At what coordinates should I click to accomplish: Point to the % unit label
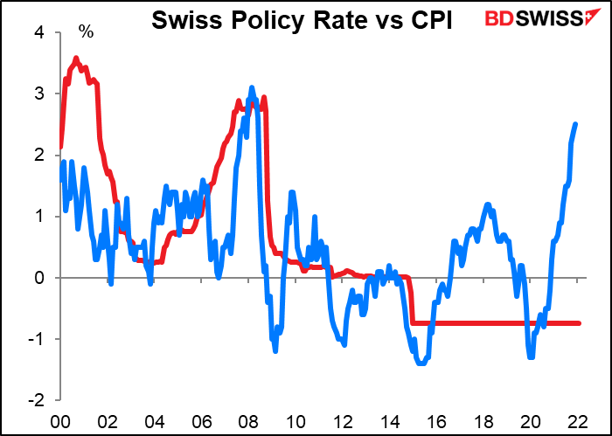86,32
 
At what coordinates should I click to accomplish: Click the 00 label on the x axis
60,418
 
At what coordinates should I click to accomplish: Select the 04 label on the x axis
154,418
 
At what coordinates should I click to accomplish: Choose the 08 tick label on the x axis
248,418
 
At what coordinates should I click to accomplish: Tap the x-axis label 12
343,418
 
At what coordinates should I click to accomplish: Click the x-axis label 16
437,418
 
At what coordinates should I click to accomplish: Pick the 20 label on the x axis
532,418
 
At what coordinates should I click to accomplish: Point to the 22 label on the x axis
578,418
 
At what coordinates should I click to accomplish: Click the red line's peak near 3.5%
76,59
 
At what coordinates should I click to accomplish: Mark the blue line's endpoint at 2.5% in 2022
575,124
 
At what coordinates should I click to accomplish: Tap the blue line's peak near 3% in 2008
252,87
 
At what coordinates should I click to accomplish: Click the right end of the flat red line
579,323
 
